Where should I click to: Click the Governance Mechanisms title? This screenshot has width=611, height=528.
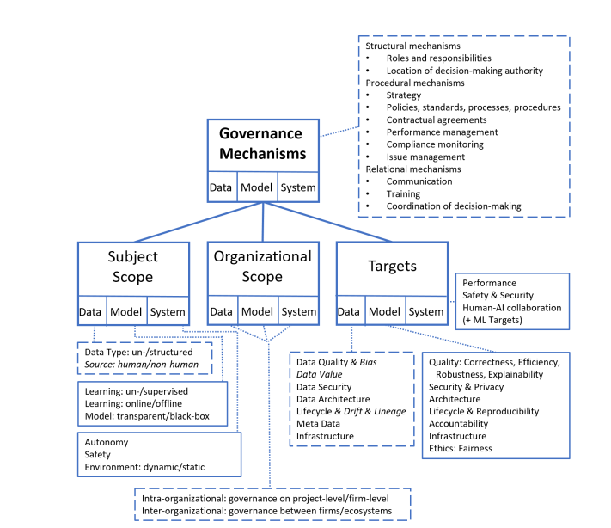pos(261,144)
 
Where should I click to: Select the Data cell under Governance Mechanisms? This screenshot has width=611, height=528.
pos(222,187)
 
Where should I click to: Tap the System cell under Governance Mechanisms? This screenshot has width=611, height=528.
pos(297,187)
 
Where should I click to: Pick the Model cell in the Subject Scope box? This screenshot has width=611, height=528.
pos(126,312)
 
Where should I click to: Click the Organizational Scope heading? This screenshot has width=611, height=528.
pos(261,267)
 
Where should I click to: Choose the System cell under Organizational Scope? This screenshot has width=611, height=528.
pos(298,312)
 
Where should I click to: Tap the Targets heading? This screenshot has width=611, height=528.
pos(392,267)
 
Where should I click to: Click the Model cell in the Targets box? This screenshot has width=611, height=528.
pos(385,312)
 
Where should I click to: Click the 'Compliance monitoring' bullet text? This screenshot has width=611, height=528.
pos(442,144)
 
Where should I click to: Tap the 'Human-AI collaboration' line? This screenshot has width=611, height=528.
pos(511,308)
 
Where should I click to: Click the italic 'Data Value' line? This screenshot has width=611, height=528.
pos(319,375)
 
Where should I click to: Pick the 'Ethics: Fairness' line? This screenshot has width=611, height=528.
pos(463,448)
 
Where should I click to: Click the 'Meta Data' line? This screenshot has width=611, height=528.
pos(320,424)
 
